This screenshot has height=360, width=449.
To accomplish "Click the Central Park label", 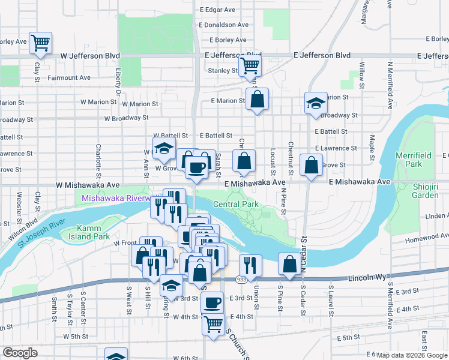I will [235, 204].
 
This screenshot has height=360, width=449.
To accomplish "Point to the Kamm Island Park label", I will [93, 232].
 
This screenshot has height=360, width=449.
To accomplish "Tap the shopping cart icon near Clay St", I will [41, 43].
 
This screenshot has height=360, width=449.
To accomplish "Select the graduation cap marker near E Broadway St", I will [315, 103].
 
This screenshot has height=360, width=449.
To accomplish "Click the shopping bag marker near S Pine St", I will [289, 264].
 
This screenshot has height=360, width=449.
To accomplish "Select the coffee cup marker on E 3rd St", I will [211, 303].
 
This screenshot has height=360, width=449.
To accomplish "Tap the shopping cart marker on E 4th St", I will [214, 324].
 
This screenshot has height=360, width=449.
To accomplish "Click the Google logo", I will [20, 353].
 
